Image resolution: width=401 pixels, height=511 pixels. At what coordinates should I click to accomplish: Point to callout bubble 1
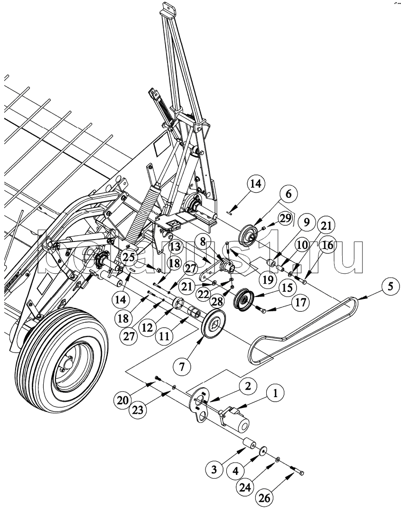(275, 393)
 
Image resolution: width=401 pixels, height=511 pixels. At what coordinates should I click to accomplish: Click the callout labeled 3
(214, 469)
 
